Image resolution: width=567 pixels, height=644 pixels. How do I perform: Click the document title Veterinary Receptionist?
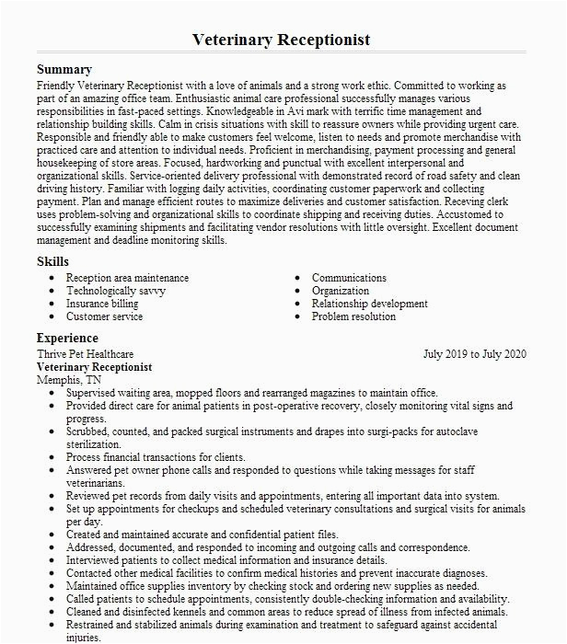(x=282, y=40)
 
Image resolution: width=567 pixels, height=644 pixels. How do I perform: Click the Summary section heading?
(x=64, y=70)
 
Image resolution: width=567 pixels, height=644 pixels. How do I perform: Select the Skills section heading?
(x=52, y=262)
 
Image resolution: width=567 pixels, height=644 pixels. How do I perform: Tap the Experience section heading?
(x=67, y=339)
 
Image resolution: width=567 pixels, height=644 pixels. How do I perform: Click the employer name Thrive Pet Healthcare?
(x=85, y=353)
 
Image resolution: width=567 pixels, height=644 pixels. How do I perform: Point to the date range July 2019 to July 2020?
(x=474, y=353)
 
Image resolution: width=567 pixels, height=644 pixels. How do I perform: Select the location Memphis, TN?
(x=69, y=379)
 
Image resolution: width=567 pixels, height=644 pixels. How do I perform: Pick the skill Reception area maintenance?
(x=127, y=278)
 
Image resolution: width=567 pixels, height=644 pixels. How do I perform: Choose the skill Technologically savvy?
(x=115, y=291)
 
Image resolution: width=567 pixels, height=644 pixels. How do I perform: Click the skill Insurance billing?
(x=101, y=304)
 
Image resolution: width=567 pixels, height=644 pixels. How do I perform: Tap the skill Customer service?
(x=104, y=316)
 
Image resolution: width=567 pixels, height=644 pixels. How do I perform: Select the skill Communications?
(x=349, y=278)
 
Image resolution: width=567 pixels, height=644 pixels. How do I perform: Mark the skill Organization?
(x=341, y=291)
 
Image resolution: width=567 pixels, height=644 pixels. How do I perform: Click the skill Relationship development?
(x=369, y=304)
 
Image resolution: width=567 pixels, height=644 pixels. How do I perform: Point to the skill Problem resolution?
(x=353, y=316)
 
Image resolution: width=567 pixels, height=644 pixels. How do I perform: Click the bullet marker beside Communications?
(x=298, y=278)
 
